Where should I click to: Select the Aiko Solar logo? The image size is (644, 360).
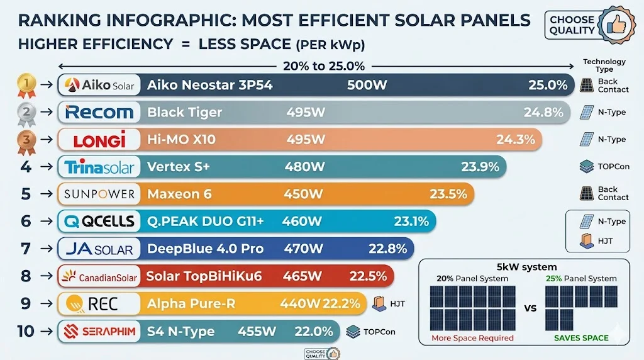[99, 85]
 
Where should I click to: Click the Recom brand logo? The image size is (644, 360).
[99, 113]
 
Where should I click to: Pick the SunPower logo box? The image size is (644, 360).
[99, 194]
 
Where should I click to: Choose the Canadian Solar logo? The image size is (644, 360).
[99, 276]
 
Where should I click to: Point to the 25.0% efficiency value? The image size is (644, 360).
[548, 85]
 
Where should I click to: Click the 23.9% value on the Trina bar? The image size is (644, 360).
[480, 167]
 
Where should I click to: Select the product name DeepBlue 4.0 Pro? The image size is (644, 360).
[205, 249]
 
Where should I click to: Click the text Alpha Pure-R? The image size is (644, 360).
[191, 303]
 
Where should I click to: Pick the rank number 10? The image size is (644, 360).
[25, 330]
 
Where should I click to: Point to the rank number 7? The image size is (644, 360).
[26, 249]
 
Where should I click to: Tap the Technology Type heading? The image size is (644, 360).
[604, 65]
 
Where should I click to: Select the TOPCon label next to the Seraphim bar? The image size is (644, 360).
[379, 331]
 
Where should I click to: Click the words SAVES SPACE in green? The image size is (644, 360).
[580, 338]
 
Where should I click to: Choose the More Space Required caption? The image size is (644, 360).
[472, 338]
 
